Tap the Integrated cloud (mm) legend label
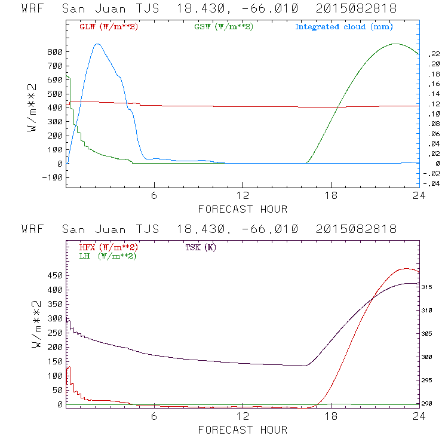344,27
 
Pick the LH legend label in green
108,256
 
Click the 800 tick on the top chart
55,52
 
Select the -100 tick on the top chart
53,177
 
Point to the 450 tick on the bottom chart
55,275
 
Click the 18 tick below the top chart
331,197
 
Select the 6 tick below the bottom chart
154,417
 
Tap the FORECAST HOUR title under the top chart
243,209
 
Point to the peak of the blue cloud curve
98,44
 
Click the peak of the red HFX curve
406,269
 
